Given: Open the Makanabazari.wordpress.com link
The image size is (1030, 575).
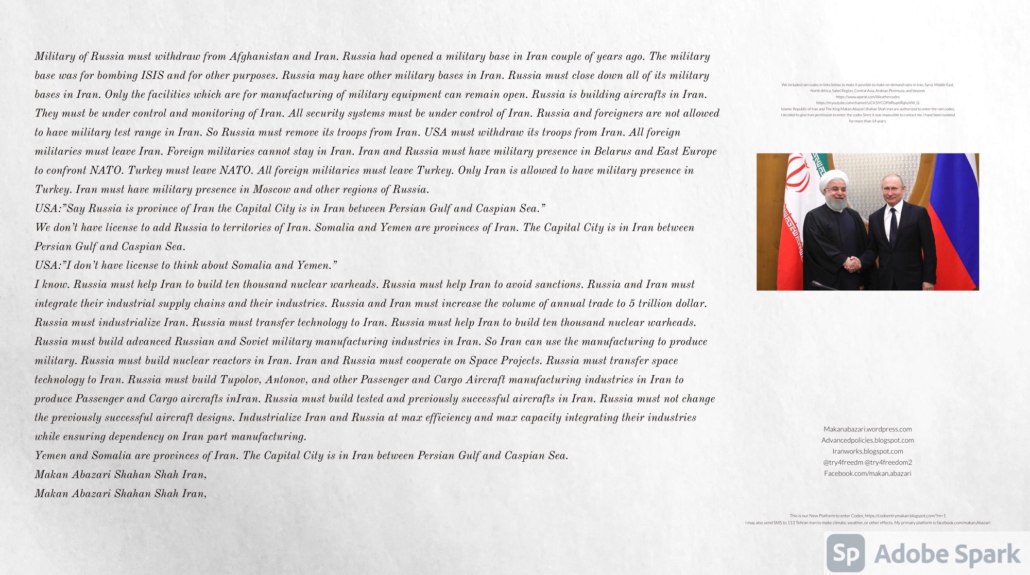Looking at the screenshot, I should click(x=867, y=429).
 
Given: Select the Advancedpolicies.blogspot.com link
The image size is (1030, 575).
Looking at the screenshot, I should click(x=867, y=440).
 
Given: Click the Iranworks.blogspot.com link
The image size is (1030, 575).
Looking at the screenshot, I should click(x=867, y=451).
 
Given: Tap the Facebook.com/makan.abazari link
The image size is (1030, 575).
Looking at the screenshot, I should click(x=867, y=474).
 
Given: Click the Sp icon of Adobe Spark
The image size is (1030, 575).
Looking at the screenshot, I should click(x=845, y=553).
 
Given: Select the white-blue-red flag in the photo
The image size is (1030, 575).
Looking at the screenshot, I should click(x=954, y=216).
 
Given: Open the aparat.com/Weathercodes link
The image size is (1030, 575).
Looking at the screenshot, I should click(x=867, y=97).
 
